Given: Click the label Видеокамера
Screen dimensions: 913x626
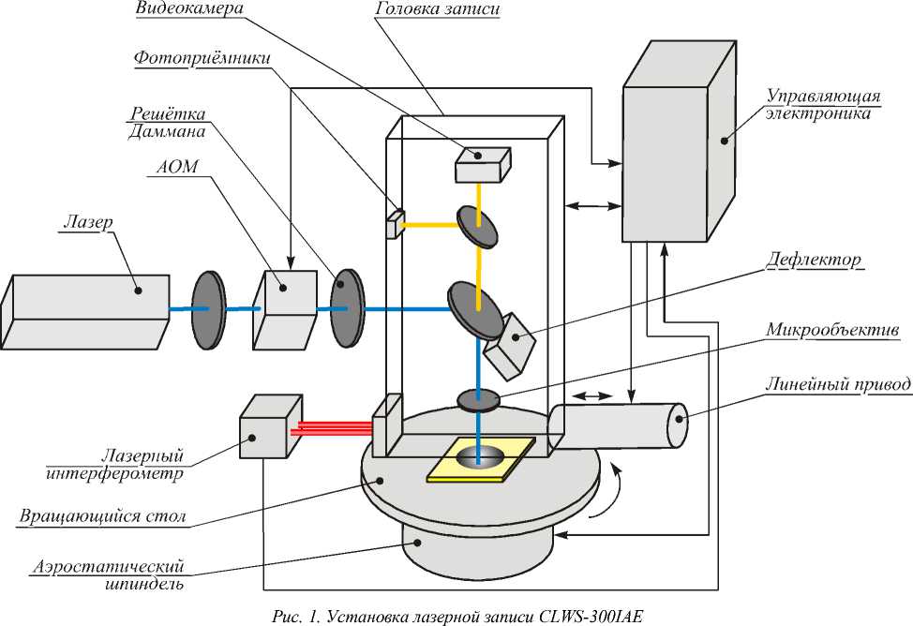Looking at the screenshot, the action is [190, 8].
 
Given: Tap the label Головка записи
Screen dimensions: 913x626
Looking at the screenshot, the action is [438, 8].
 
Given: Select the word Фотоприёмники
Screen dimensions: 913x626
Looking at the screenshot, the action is [202, 58].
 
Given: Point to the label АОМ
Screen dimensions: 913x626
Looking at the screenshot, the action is [177, 167].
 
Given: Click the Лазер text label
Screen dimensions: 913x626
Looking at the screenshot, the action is [88, 222].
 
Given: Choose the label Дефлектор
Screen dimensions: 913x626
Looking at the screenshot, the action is [814, 260].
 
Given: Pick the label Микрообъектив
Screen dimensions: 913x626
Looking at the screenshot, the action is [832, 330].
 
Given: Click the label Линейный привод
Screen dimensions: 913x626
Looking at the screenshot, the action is [838, 385].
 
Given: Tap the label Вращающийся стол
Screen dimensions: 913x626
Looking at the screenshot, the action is [102, 516].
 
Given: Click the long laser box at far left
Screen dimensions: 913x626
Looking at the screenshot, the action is [85, 311].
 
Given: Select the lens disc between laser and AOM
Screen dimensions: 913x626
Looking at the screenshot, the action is [208, 309].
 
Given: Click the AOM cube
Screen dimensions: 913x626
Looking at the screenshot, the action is [285, 309].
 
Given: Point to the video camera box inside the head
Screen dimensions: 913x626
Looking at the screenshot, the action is [483, 165].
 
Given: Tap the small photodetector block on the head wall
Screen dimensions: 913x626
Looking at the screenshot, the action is [395, 224].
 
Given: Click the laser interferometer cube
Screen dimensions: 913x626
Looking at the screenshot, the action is [271, 426].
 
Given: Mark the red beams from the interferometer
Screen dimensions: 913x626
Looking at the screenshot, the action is [331, 428].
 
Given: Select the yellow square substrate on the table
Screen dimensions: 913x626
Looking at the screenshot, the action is [481, 459].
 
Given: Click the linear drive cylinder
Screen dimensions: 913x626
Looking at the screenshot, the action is [618, 426].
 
